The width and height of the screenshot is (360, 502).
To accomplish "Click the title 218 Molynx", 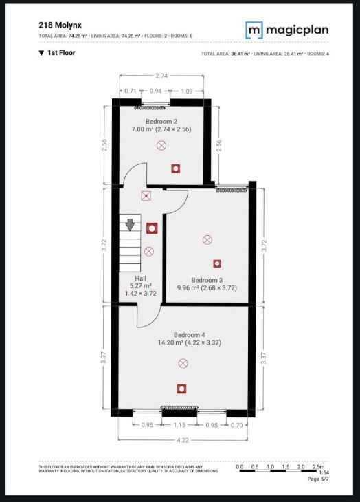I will point(60,24).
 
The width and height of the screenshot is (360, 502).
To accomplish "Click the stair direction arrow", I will point(130,225).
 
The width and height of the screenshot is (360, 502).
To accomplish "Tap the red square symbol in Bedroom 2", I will point(176,167).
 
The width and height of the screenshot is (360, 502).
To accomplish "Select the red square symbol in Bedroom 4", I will point(181,389).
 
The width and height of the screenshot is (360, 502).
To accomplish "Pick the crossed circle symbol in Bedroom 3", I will point(207,239).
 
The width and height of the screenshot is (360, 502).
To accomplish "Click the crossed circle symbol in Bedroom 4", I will point(183,362).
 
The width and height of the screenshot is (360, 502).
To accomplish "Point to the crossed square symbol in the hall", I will point(146,196).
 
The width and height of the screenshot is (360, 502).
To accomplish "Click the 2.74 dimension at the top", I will point(162,74).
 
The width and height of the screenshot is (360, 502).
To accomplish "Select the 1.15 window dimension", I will point(181,426).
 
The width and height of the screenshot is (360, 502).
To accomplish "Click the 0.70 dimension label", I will point(238,426).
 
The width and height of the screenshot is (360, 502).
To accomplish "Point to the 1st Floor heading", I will point(61,52).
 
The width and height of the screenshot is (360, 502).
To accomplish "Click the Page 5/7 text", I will point(317,479).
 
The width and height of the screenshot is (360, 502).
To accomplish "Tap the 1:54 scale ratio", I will point(323,473).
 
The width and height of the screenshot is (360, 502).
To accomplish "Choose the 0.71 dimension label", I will point(131,90).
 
